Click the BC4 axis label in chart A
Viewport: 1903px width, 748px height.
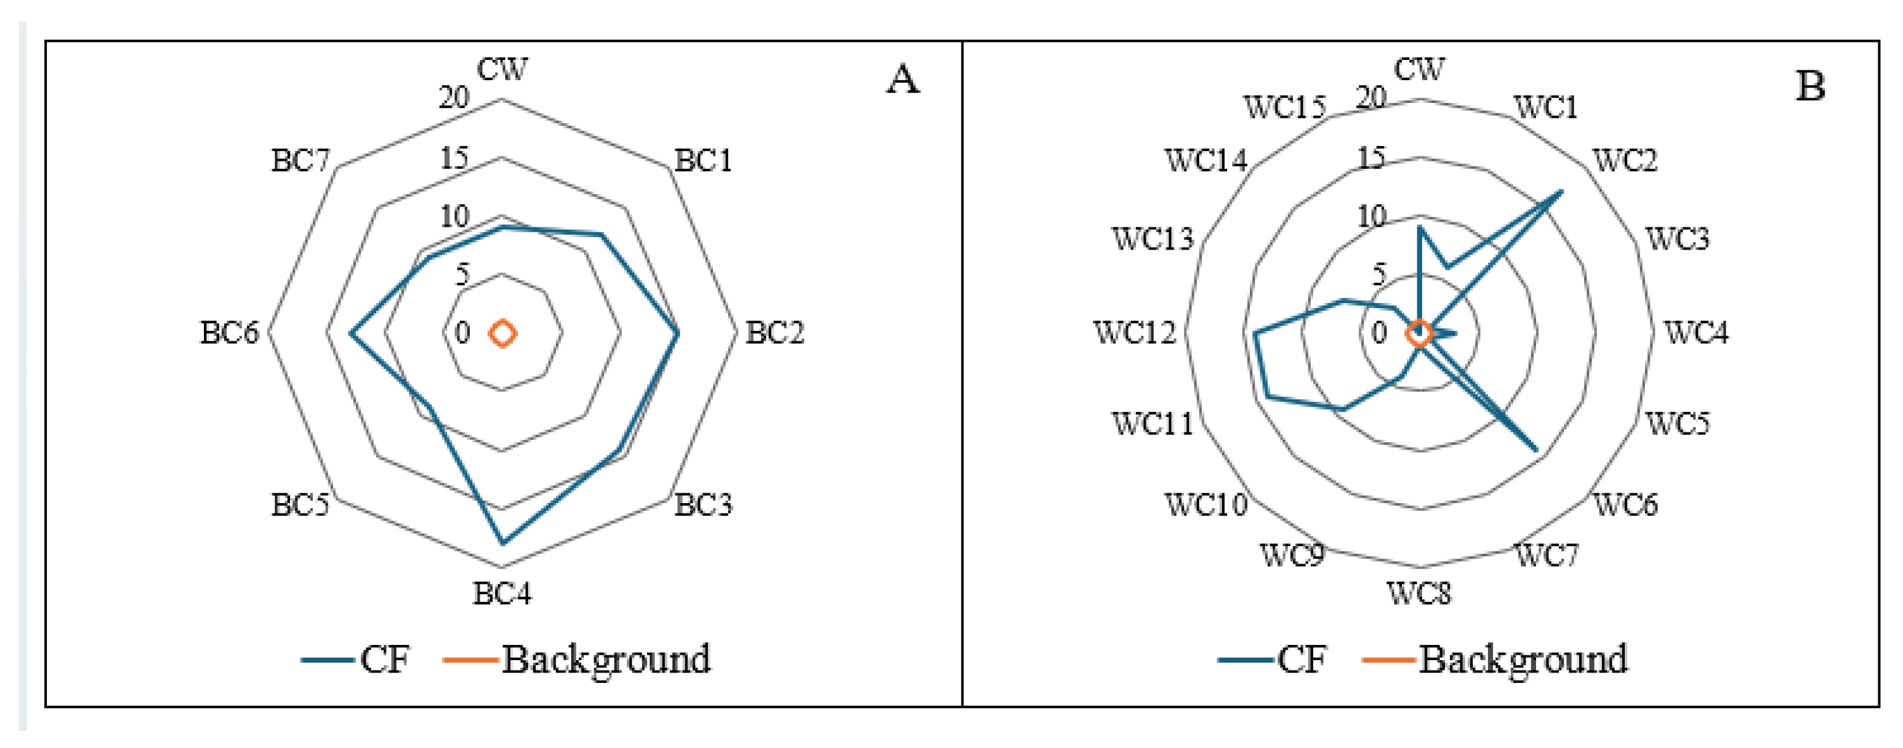tap(502, 593)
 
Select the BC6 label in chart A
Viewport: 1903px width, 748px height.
tap(230, 333)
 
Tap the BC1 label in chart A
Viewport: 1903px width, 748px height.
tap(703, 160)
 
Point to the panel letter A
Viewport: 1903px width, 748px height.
tap(903, 79)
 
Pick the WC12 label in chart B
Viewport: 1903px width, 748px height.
tap(1134, 333)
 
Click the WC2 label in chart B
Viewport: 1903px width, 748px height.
tap(1625, 160)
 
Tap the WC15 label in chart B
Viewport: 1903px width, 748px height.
tap(1285, 108)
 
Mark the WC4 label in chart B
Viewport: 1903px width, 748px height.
tap(1696, 333)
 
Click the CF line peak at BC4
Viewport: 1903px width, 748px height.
tap(502, 543)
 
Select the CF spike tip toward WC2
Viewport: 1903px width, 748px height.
tap(1561, 192)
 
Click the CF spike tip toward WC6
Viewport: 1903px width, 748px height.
tap(1537, 450)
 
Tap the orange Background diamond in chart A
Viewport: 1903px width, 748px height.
tap(502, 334)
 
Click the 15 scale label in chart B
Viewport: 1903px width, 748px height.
tap(1371, 158)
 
